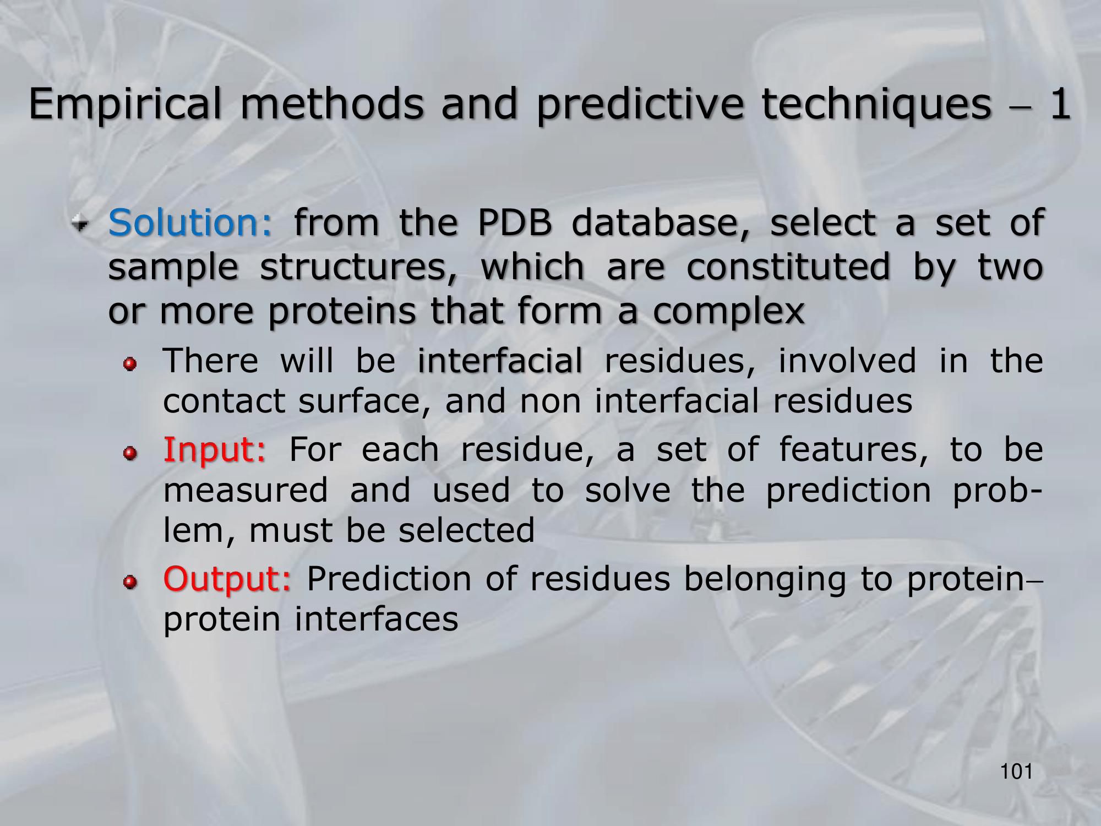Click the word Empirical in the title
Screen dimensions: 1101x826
(125, 105)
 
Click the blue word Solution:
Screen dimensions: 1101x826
(190, 222)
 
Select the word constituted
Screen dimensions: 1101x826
(788, 267)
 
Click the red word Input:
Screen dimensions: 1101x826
(215, 450)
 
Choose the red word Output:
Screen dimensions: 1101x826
(227, 579)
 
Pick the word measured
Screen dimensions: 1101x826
(246, 490)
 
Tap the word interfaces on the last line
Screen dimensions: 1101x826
(376, 619)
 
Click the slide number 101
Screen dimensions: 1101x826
(1016, 772)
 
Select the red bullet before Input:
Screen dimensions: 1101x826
(130, 453)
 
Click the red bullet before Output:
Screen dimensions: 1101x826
(130, 583)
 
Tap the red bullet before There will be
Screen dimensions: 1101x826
(130, 364)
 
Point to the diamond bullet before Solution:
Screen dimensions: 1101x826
(80, 224)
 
